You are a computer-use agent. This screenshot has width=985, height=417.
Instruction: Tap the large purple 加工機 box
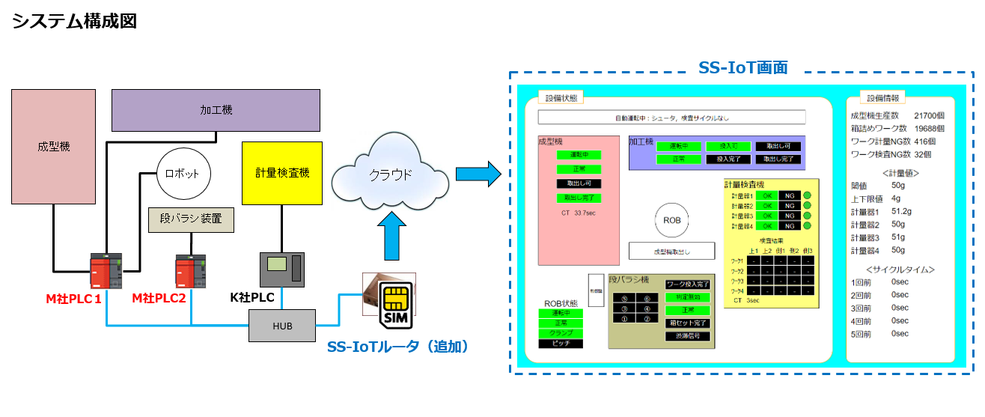tap(216, 110)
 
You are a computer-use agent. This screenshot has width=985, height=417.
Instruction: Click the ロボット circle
tap(183, 173)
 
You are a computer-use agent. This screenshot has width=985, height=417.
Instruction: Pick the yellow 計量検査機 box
tap(282, 173)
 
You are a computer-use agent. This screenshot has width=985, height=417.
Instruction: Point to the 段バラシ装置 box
tap(192, 219)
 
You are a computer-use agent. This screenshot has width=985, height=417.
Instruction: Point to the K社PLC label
tap(252, 298)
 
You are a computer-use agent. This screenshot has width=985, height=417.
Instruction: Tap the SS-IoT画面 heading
tap(742, 67)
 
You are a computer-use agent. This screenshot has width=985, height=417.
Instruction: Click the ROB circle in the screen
tap(671, 221)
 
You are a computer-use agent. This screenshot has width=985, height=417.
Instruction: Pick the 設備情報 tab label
tap(883, 98)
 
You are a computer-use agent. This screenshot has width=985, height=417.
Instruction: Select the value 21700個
tap(929, 116)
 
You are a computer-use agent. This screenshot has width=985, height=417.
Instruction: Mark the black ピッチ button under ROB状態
tap(561, 343)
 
